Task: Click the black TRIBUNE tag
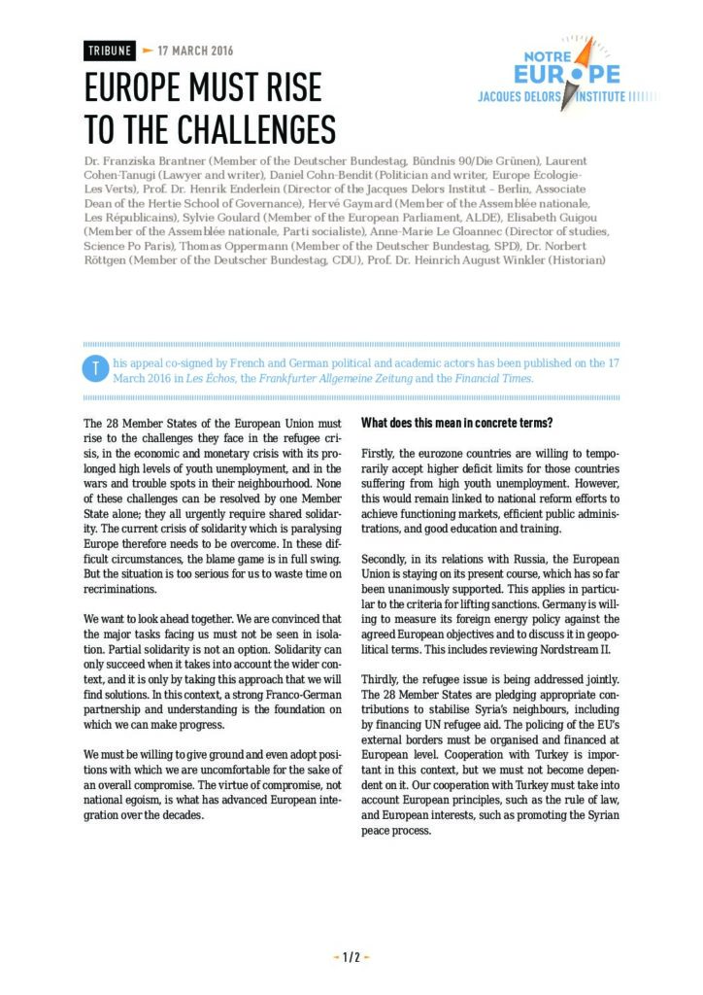pyautogui.click(x=110, y=51)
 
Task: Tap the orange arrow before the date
pyautogui.click(x=148, y=51)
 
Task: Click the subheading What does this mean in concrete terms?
pyautogui.click(x=458, y=423)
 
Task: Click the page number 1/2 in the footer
pyautogui.click(x=351, y=957)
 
